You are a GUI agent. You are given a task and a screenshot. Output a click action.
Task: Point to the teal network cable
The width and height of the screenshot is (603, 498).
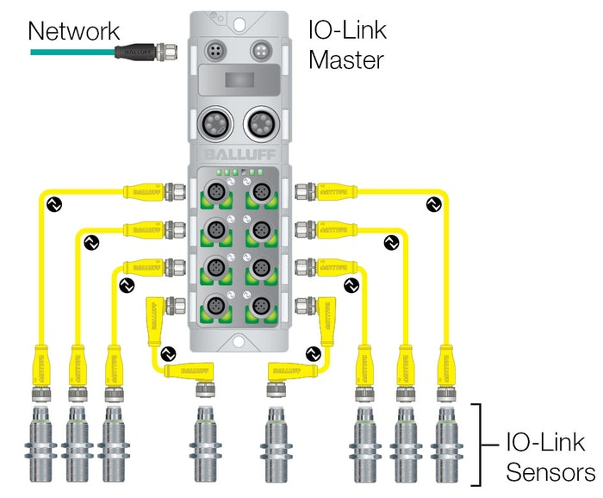pos(69,52)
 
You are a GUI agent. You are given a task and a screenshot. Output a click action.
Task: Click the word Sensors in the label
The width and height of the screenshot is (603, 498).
pos(550,473)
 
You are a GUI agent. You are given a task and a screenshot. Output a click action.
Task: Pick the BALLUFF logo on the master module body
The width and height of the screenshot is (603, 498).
pos(235,154)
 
